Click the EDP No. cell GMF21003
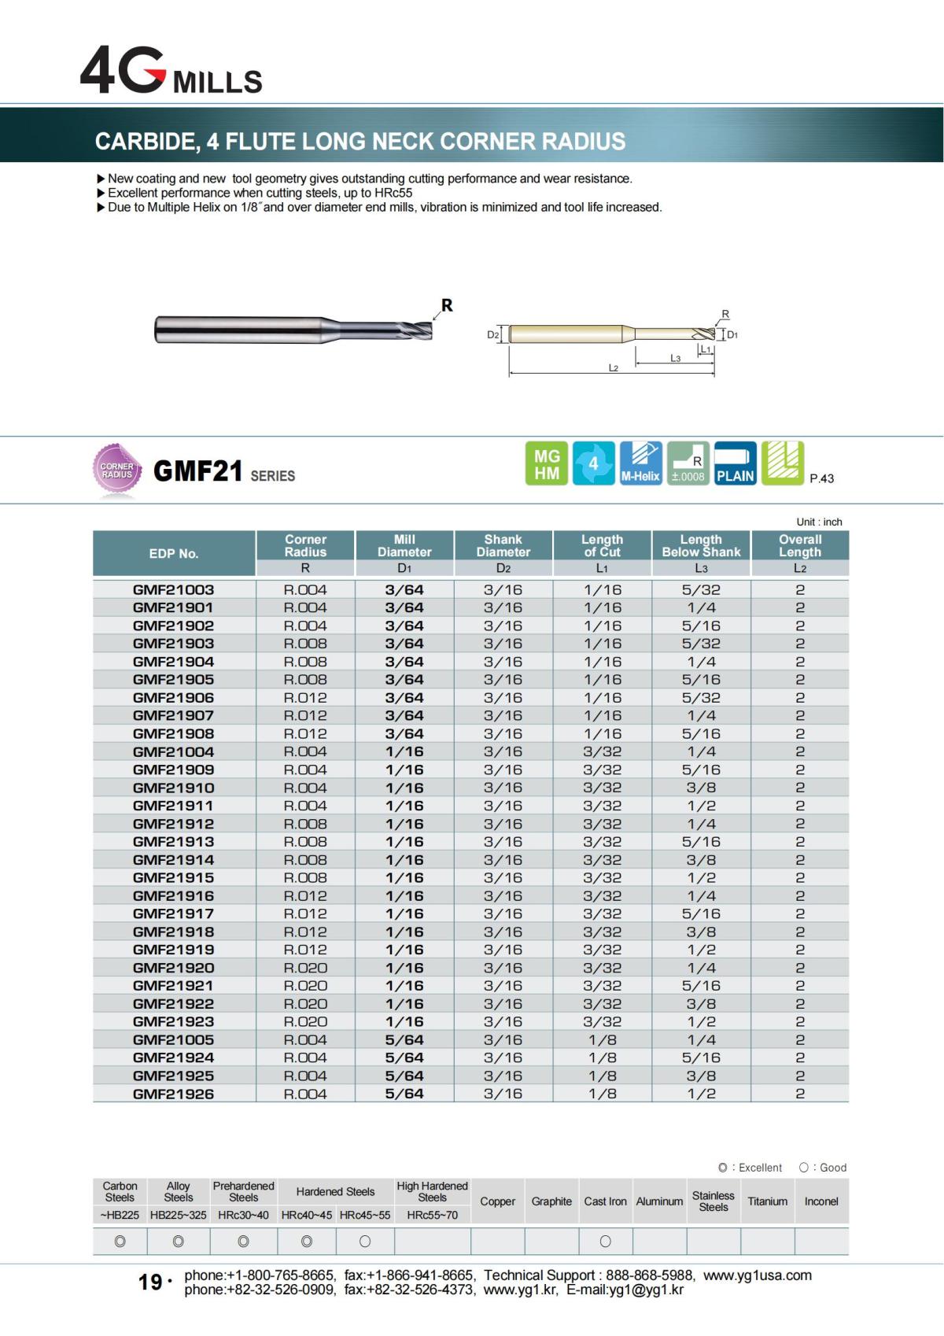pos(173,589)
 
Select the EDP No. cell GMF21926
pos(173,1094)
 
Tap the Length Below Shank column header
pos(701,545)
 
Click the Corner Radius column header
pos(305,545)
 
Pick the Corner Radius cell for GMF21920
pos(305,968)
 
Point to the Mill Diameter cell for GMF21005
pos(404,1039)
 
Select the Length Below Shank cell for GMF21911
pos(701,806)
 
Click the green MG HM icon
pos(547,464)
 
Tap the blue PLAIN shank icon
pos(736,464)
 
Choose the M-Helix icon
pos(640,464)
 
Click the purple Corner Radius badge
pos(116,471)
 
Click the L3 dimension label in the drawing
pos(675,358)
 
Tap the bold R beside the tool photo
pos(447,305)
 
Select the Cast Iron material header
pos(605,1201)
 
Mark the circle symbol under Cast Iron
pos(605,1242)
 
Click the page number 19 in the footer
pos(150,1282)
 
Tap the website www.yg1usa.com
pos(758,1275)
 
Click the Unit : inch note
pos(819,522)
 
